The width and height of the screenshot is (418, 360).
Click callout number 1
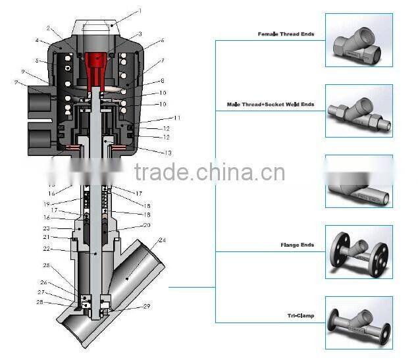point(140,11)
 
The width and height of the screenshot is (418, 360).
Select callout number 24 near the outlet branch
point(162,240)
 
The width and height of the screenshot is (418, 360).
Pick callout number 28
point(41,303)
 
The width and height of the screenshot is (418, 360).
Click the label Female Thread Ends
point(285,34)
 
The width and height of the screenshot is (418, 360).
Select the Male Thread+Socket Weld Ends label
point(271,104)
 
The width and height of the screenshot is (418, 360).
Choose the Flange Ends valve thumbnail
point(359,252)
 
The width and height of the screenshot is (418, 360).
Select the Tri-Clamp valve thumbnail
point(359,322)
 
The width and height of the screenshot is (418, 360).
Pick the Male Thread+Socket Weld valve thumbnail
point(359,111)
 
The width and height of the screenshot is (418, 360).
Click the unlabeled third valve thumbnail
point(359,181)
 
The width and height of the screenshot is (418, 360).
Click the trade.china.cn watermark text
point(209,172)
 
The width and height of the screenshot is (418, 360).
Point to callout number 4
point(38,41)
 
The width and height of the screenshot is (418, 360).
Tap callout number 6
point(162,41)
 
